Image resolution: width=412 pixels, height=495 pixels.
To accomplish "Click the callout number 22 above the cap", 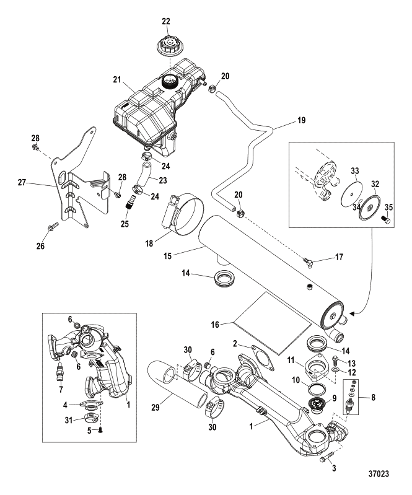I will (x=166, y=22).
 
